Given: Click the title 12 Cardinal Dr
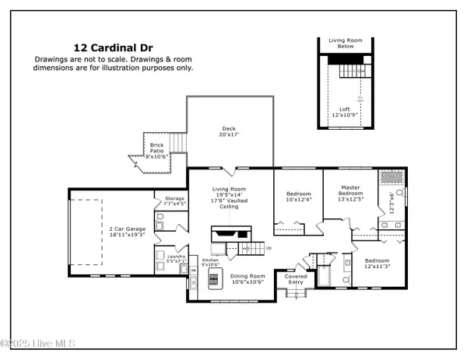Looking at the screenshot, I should coord(113,47).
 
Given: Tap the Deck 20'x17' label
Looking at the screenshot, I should coord(229,132).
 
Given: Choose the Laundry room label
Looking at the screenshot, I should coord(175,259).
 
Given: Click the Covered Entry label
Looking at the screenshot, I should coord(296,278).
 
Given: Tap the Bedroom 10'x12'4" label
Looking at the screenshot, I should coord(299,197).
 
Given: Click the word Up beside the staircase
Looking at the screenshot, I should coord(269,248).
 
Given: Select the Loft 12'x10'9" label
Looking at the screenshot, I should coord(344,112).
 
